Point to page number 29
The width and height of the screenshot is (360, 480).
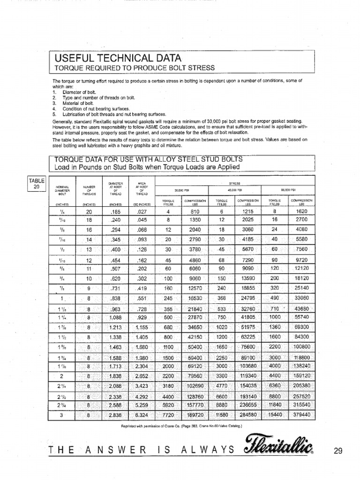coord(338,451)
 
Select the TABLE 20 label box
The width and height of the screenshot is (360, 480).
coord(36,184)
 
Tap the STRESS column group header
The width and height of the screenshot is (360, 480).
coord(234,183)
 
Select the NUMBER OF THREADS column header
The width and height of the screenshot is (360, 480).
coord(89,190)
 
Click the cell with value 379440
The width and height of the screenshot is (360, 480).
coord(301,415)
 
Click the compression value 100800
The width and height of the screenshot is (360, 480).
coord(301,347)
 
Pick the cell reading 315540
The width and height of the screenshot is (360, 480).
coord(301,405)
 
